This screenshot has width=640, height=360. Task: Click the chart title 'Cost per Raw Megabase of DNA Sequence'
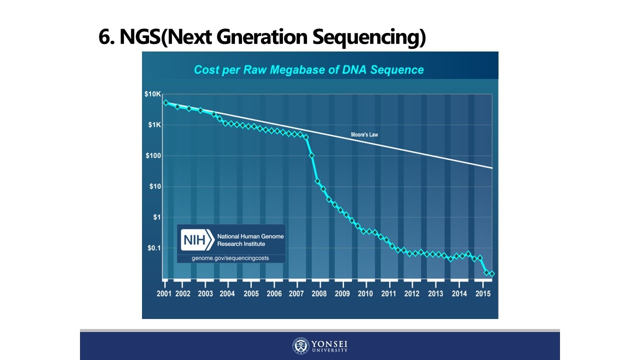tap(308, 69)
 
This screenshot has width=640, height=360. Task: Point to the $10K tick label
tap(152, 94)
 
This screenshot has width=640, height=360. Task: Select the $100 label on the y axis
tap(152, 155)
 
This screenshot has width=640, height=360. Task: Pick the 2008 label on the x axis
tap(319, 293)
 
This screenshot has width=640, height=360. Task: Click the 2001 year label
tap(164, 293)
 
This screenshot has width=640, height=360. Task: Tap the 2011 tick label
tap(388, 293)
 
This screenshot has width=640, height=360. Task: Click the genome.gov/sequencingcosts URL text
tap(230, 258)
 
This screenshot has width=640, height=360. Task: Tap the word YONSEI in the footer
tap(329, 343)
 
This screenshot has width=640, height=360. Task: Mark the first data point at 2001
tap(165, 103)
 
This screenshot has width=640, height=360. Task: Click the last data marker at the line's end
tap(492, 273)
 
